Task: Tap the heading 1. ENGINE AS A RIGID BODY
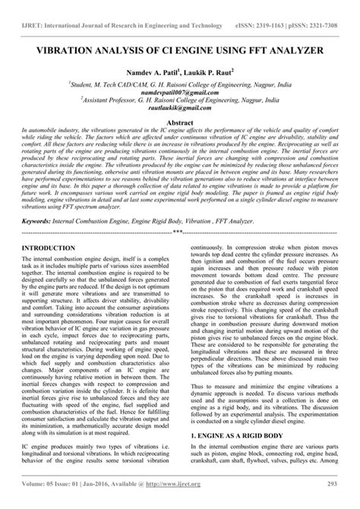(x=242, y=436)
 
